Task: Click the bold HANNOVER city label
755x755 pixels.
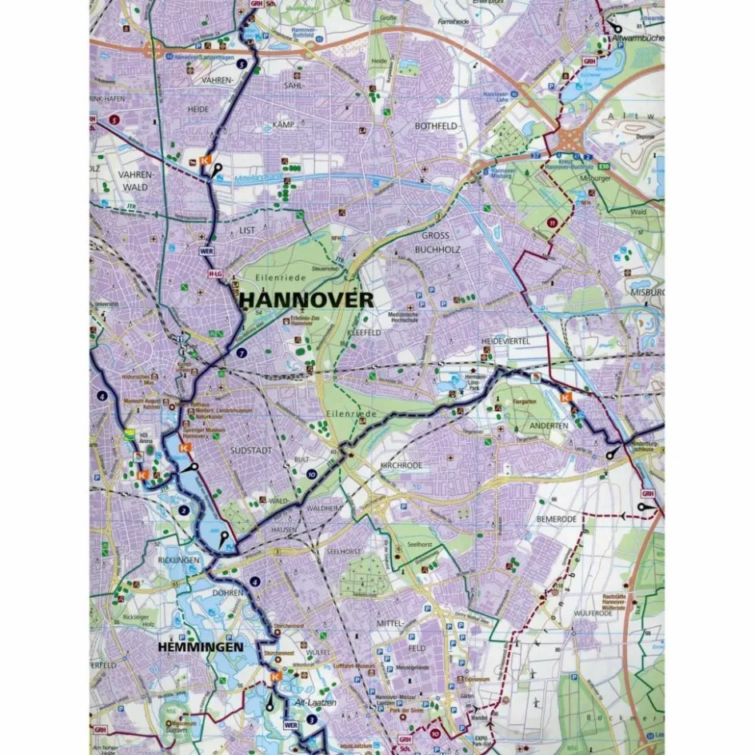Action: click(x=306, y=299)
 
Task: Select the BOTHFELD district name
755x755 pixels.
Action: click(x=434, y=126)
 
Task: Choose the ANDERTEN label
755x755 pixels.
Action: click(x=548, y=425)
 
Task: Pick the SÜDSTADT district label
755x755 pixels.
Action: click(x=251, y=451)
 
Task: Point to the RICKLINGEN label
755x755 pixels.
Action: click(x=178, y=561)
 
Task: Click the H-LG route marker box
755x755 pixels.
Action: click(x=214, y=274)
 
